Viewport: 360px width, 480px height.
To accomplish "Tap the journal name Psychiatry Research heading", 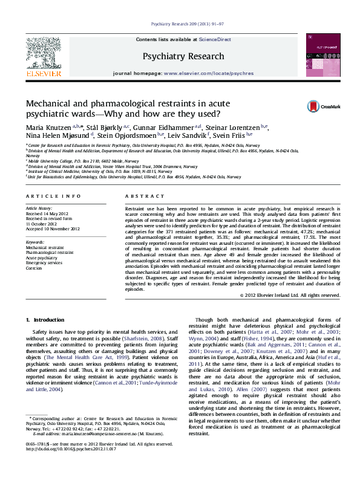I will coord(180,56).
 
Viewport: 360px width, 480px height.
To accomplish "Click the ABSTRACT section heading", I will coord(140,197).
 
